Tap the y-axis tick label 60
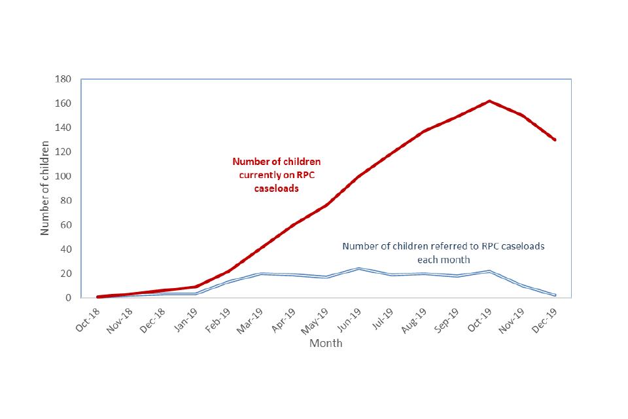point(66,225)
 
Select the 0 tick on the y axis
point(69,298)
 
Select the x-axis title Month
point(326,343)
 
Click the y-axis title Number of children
point(45,188)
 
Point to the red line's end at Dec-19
point(555,139)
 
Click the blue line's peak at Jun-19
point(358,268)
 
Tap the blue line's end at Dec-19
point(555,295)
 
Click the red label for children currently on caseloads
point(277,174)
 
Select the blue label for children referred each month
point(444,253)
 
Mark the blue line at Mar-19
point(260,274)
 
